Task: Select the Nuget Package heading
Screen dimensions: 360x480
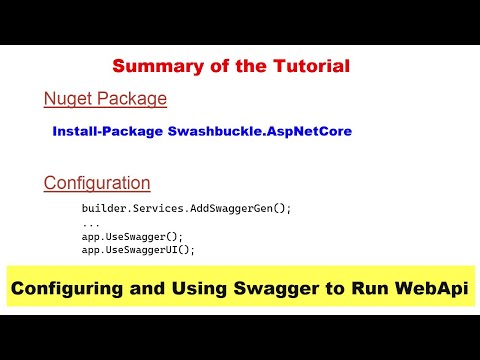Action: (105, 99)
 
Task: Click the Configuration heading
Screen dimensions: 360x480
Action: (97, 183)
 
